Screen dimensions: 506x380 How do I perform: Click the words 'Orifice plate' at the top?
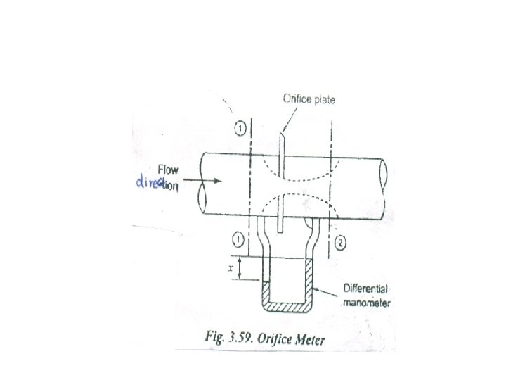pyautogui.click(x=309, y=100)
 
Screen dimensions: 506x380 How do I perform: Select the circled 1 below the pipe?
pyautogui.click(x=238, y=241)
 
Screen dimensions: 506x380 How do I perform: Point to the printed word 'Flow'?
pyautogui.click(x=169, y=170)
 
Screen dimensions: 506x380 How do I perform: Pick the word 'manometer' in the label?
pyautogui.click(x=370, y=304)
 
